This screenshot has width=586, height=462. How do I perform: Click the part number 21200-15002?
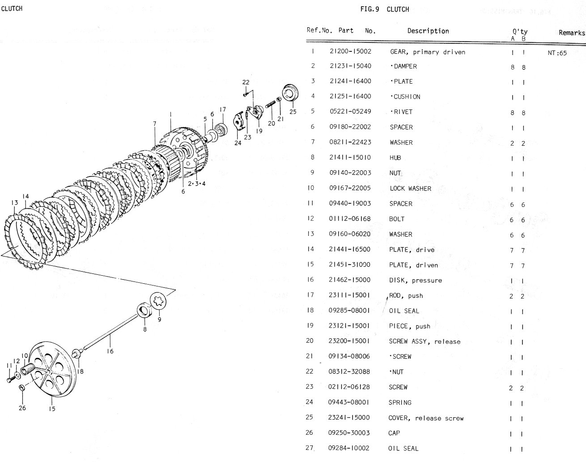click(x=350, y=52)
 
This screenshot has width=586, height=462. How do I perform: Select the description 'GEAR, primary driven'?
click(x=427, y=52)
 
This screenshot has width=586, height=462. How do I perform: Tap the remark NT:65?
click(x=557, y=53)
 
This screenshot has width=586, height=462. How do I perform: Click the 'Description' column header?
click(x=428, y=31)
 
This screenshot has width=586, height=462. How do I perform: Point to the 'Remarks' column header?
click(x=571, y=33)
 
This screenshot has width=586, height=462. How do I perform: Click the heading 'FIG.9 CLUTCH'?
click(x=384, y=9)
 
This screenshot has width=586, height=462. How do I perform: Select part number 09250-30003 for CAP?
click(x=349, y=433)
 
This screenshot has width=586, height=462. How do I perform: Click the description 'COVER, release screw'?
click(x=425, y=418)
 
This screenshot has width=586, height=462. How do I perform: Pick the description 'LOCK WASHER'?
click(x=410, y=188)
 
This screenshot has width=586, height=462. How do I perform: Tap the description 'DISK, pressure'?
click(x=415, y=280)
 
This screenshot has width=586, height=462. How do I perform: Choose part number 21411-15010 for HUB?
click(x=350, y=158)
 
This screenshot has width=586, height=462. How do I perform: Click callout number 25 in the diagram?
click(x=293, y=112)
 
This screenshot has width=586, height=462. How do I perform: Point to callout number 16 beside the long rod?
click(x=110, y=351)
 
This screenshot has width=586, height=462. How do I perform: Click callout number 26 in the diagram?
click(x=22, y=407)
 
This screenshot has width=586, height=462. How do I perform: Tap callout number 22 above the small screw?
click(x=246, y=82)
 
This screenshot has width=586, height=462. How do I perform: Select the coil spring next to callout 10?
click(x=28, y=370)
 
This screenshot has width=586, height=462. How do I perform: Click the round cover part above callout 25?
click(x=290, y=94)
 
